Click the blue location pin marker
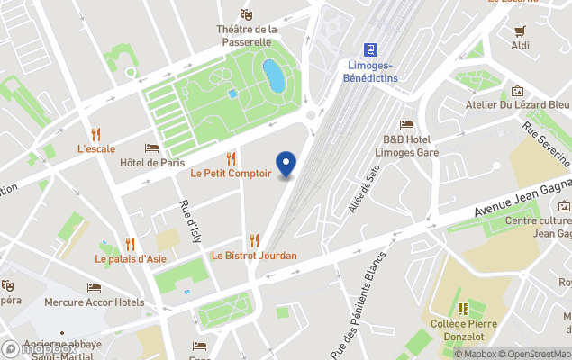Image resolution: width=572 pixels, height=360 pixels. click(286, 164)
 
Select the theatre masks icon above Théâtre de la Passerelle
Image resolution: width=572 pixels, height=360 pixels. click(245, 14)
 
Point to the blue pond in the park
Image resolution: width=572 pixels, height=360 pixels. click(273, 76)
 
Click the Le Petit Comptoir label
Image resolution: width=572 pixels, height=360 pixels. click(231, 173)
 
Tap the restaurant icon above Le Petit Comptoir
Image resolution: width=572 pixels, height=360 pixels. click(231, 157)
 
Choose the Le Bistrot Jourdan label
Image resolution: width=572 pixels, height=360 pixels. click(254, 256)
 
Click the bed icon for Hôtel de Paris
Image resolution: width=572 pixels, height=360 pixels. click(151, 148)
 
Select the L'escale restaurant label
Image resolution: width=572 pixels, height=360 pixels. click(95, 148)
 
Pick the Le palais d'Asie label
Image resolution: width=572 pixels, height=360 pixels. click(132, 259)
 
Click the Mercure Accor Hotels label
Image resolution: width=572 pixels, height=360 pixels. click(95, 302)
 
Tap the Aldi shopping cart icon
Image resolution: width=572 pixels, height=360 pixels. click(520, 30)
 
